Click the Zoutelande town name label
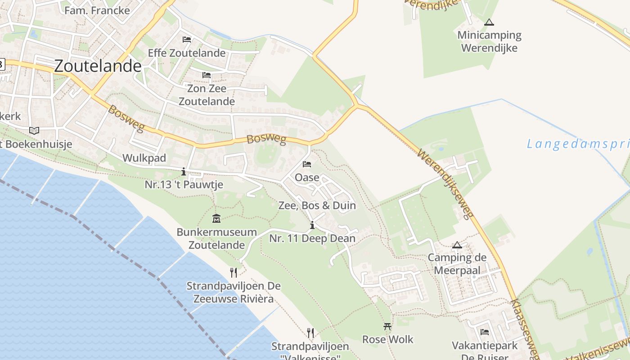tap(98, 66)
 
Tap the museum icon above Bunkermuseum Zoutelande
tap(216, 219)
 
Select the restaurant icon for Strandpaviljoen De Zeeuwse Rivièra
tap(233, 272)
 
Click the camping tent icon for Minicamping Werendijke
tap(489, 22)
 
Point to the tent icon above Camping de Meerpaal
tap(457, 245)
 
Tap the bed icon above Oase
tap(307, 164)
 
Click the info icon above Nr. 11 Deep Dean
tap(312, 225)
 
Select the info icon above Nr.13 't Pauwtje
tap(184, 171)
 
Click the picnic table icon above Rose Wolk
tap(387, 326)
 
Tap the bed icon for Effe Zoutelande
tap(187, 40)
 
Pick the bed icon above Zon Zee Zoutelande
tap(207, 75)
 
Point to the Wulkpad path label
tap(144, 158)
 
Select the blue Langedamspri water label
tap(578, 144)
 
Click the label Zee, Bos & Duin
tap(317, 206)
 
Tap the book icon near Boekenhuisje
tap(34, 130)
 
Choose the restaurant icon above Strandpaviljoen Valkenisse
tap(310, 333)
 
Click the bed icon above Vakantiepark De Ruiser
tap(485, 332)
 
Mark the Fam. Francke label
tap(97, 10)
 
